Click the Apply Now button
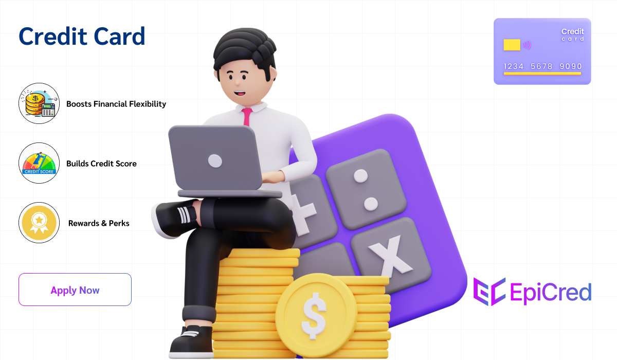(x=75, y=290)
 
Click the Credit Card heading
(x=82, y=37)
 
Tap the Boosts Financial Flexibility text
(x=116, y=104)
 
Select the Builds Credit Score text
(x=101, y=164)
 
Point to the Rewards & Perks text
(x=99, y=223)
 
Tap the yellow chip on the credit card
(x=512, y=45)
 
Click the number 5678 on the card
(x=541, y=66)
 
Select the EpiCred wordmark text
(x=550, y=292)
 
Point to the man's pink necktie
(x=247, y=117)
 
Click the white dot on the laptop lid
(x=214, y=160)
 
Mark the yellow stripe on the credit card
(x=542, y=74)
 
